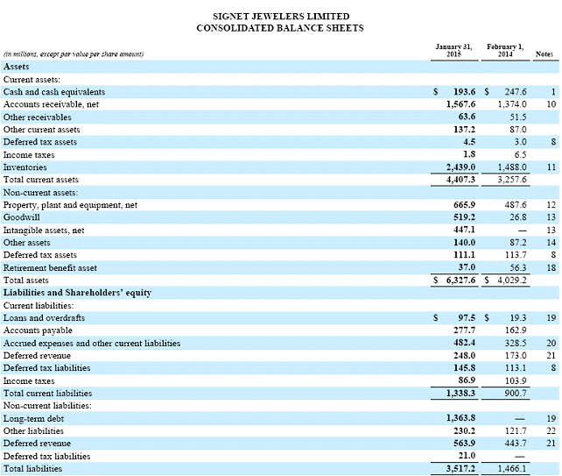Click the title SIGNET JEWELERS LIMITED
[280, 16]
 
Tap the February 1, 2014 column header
[505, 50]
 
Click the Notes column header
[544, 54]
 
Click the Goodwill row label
[22, 217]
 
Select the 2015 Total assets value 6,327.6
[460, 280]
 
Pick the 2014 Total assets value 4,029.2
[511, 280]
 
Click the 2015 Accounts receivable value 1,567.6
[458, 103]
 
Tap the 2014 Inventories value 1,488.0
[510, 167]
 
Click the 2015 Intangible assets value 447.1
[462, 229]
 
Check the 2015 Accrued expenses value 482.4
[462, 343]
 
